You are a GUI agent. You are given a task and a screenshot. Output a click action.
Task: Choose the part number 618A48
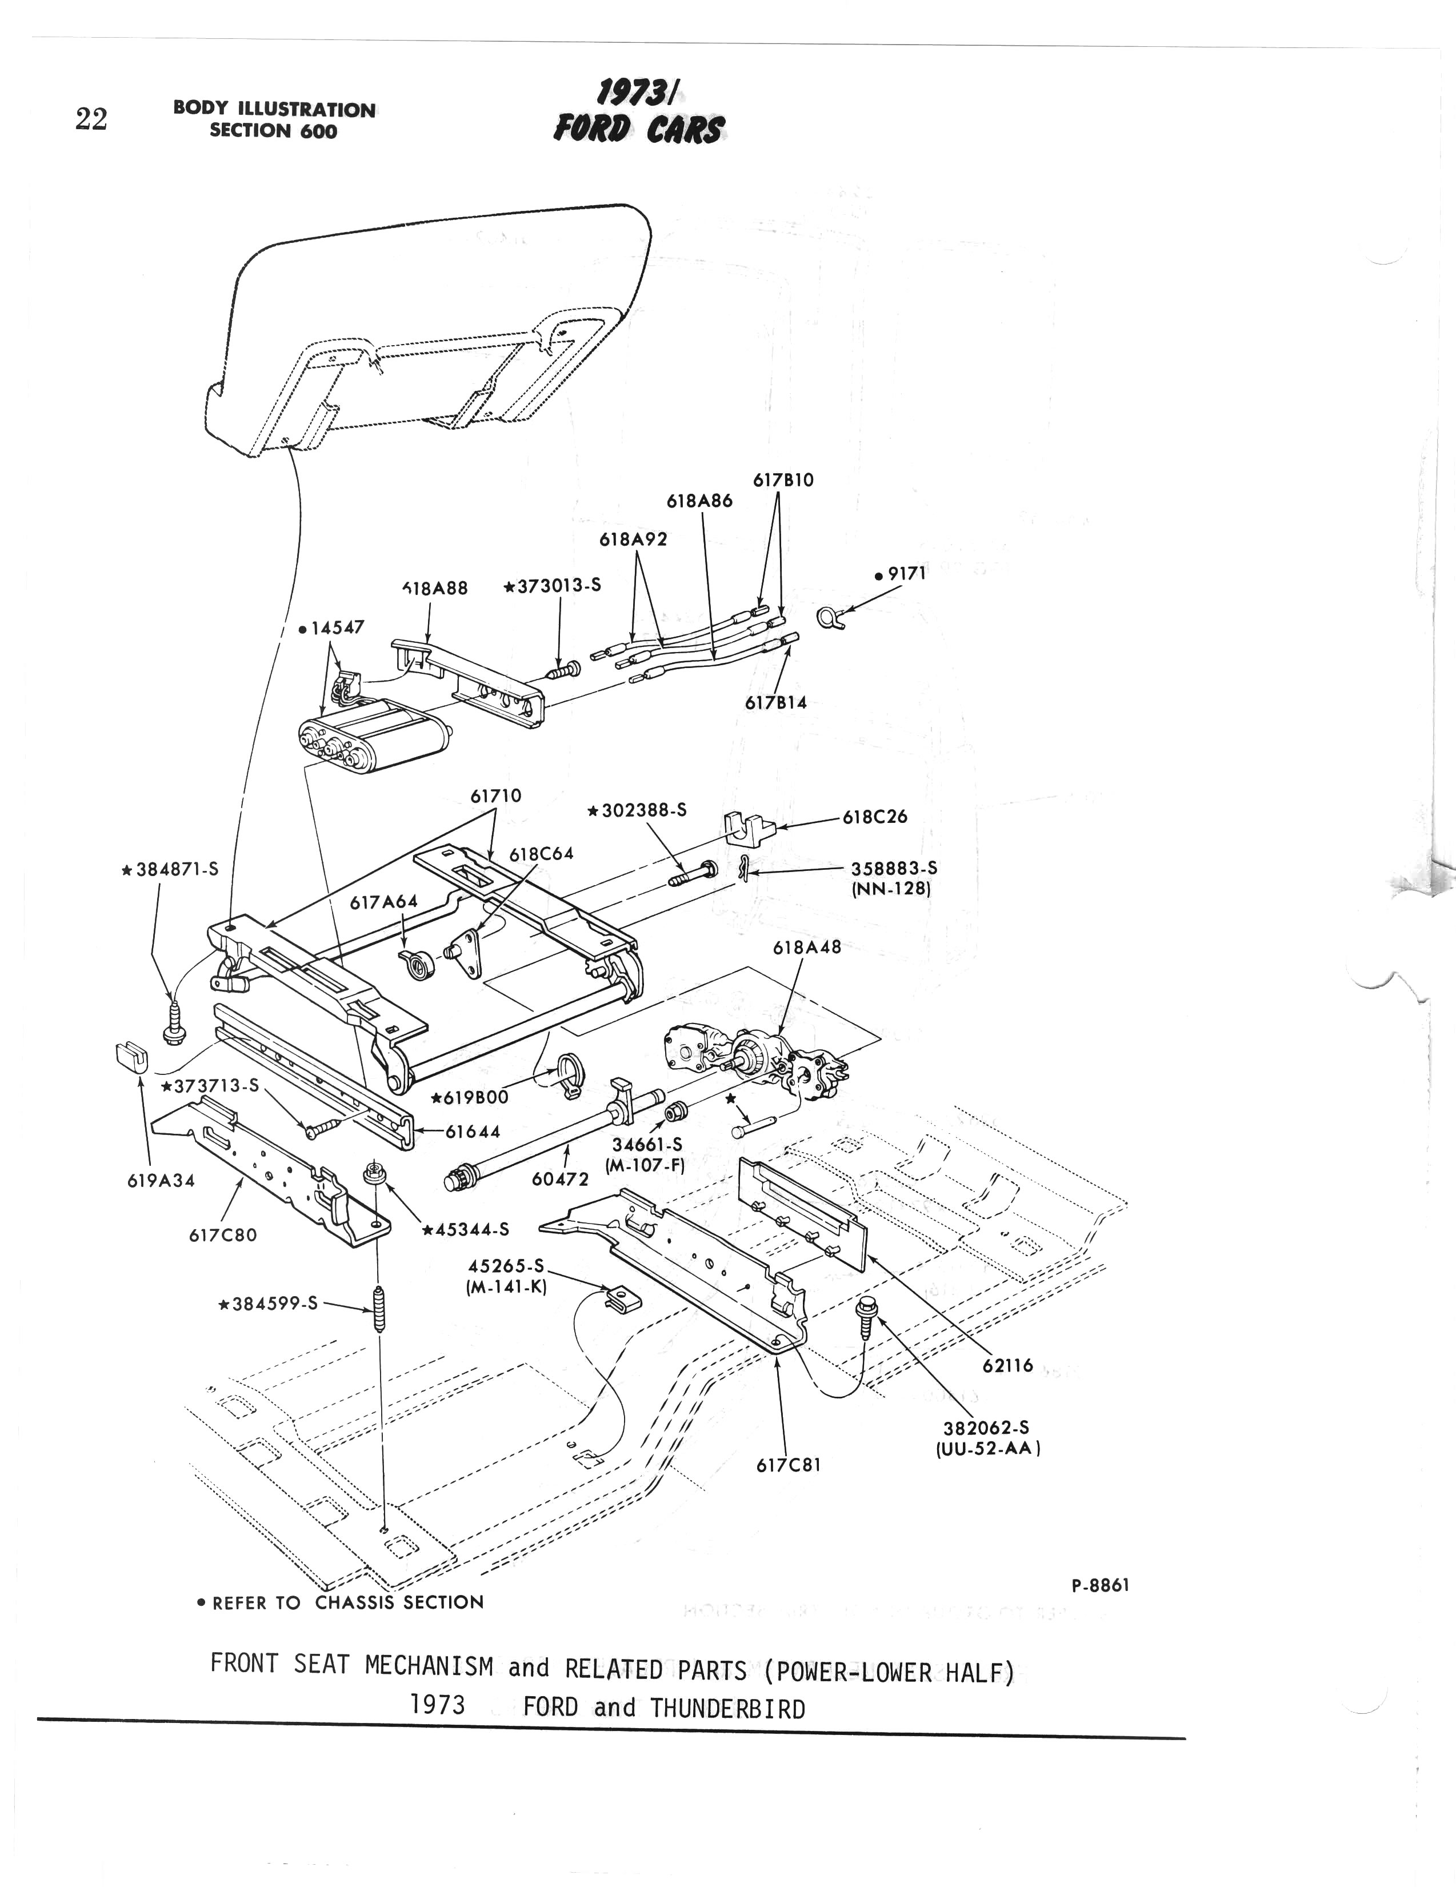click(x=806, y=947)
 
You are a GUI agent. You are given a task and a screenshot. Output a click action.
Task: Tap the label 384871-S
click(x=170, y=870)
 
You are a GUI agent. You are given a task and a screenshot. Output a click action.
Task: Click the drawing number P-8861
click(x=1100, y=1585)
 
